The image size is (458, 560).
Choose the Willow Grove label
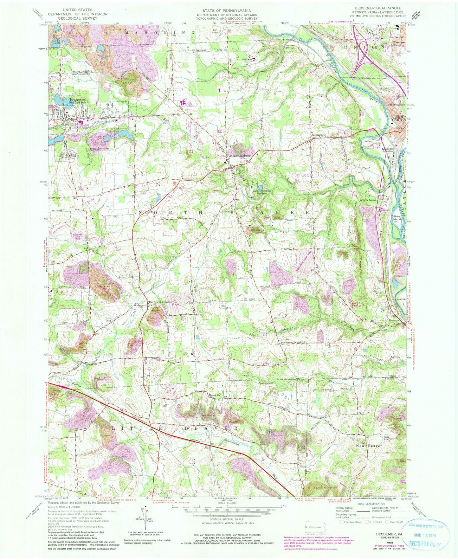368,200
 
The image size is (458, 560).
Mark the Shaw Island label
397,217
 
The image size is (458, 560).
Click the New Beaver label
369,446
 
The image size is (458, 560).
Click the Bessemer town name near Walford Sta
76,100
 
